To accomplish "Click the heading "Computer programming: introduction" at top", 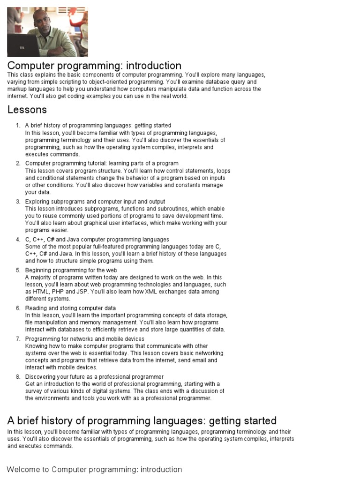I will tap(94, 66).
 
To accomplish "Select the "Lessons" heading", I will tap(27, 110).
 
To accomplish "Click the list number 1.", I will tap(18, 126).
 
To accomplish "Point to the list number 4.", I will tap(18, 240).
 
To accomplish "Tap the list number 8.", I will tap(18, 377).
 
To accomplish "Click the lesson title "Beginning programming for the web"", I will tap(71, 270).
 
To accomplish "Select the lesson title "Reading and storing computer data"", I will tap(70, 308).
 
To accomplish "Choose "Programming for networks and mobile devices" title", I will tap(85, 339).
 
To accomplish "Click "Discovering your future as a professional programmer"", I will tap(94, 377).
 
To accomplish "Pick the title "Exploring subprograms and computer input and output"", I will tap(95, 202).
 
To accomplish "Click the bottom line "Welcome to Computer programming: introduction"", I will tap(94, 470).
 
